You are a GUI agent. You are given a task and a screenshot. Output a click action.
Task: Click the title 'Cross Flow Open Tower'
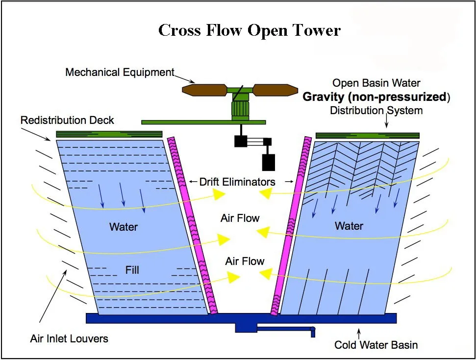[249, 30]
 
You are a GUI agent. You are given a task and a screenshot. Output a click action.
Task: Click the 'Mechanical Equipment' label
[120, 72]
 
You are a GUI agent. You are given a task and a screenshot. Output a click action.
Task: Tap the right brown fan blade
[276, 90]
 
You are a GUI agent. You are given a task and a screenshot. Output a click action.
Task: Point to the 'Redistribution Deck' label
[67, 120]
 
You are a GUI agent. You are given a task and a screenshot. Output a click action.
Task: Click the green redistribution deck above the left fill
[109, 134]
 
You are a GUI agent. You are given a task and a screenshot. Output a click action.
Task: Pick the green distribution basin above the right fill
[367, 135]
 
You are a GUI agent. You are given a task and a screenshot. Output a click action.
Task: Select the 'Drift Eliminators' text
[237, 182]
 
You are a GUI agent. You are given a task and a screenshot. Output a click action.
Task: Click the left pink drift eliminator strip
[192, 225]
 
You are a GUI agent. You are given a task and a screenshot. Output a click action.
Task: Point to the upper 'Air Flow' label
[240, 218]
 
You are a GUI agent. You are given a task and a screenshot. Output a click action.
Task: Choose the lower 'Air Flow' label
[245, 261]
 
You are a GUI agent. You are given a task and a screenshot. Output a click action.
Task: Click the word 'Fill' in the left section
[132, 270]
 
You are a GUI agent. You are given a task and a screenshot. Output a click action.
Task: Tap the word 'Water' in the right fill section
[349, 226]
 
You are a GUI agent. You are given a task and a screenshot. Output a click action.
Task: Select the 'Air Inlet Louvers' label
[69, 338]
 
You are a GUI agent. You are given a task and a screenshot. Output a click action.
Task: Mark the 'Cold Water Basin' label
[376, 345]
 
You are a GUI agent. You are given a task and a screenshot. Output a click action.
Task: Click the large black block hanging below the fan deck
[269, 162]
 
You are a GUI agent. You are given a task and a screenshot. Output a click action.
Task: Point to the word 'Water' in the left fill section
[124, 227]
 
